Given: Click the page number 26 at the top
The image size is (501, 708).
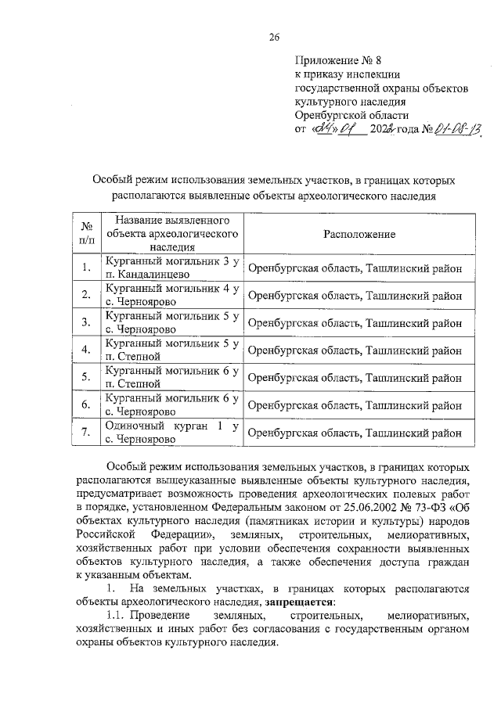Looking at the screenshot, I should (274, 37).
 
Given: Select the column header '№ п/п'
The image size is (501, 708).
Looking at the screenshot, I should (87, 234).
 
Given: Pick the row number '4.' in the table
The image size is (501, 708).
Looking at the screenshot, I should (87, 350).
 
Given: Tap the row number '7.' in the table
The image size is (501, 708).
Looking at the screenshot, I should (87, 432).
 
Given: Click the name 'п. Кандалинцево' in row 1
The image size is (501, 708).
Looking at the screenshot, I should (145, 275).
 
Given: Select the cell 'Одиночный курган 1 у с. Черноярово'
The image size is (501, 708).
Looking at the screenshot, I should (171, 432).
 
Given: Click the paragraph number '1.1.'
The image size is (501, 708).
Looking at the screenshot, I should (117, 616).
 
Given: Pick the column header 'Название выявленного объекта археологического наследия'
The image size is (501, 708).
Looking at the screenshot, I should (171, 234).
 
